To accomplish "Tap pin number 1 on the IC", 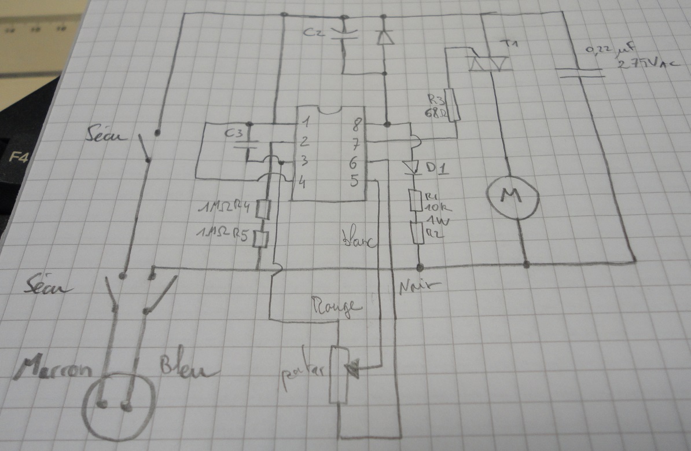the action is tap(306, 123).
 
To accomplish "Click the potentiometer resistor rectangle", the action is tap(339, 373).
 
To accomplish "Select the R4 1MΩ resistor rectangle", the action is tap(264, 209).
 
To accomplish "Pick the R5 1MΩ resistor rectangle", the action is tap(262, 238).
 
